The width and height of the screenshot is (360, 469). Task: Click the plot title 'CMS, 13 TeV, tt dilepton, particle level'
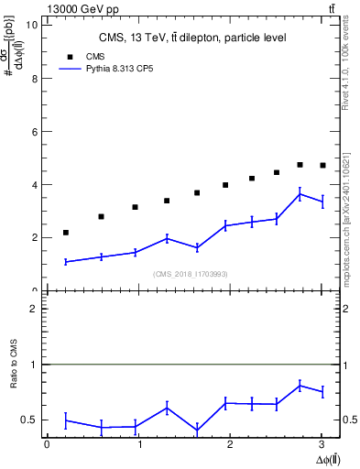click(192, 38)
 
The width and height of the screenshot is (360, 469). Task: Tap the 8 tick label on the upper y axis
click(36, 78)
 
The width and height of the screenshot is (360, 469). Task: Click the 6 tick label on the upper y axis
click(36, 131)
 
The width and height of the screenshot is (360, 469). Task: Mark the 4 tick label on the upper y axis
click(36, 184)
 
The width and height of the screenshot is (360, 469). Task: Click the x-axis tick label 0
click(47, 444)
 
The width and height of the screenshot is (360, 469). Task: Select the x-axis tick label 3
click(322, 444)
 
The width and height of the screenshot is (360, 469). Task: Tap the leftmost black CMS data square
click(66, 233)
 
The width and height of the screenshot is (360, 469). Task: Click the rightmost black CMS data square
click(322, 165)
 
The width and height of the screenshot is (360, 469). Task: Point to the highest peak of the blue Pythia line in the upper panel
click(300, 193)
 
